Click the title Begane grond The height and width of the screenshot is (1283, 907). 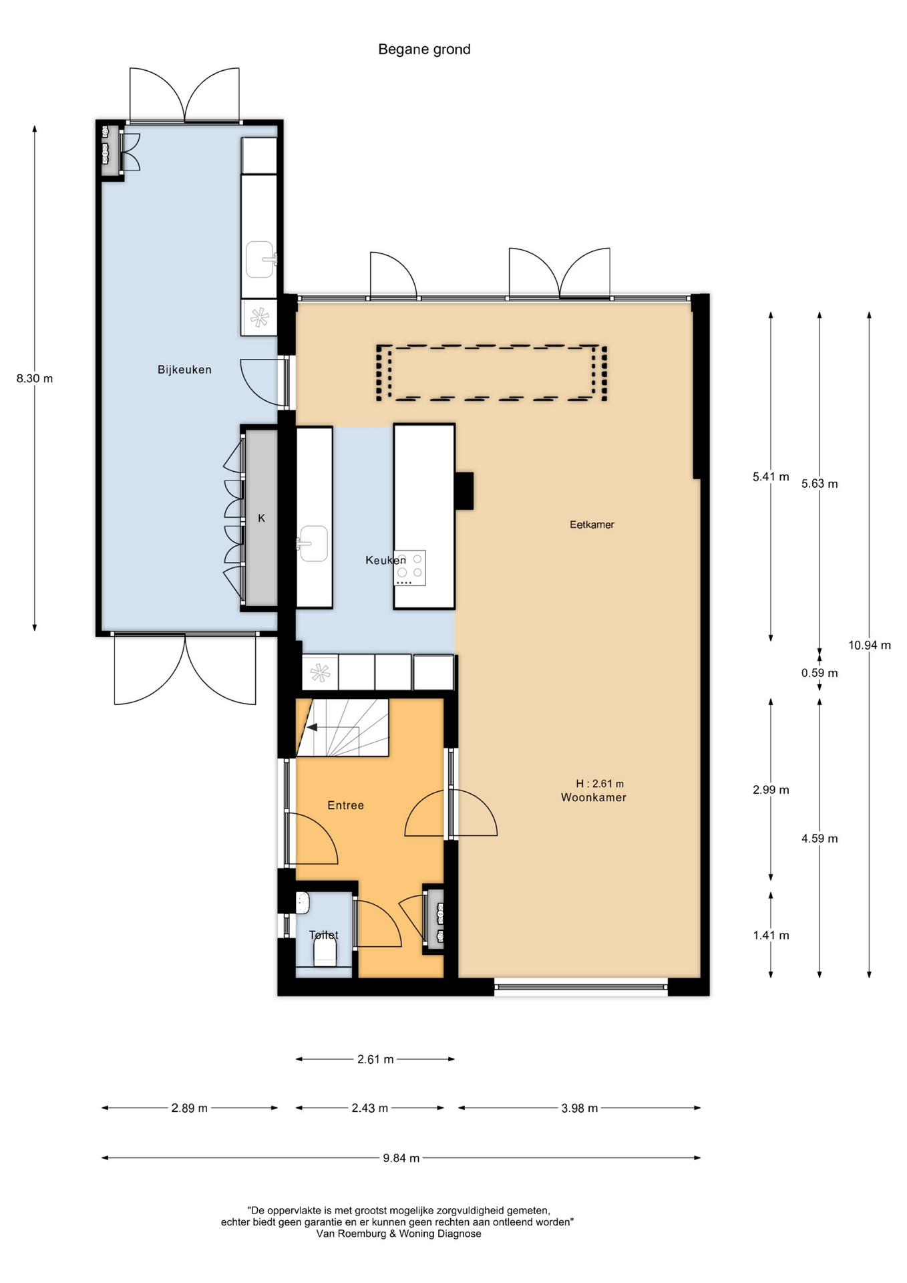[424, 49]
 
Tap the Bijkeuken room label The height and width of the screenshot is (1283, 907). [184, 370]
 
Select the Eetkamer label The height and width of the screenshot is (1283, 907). [592, 525]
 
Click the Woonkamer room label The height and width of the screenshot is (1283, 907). [594, 797]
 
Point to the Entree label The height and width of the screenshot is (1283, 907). [345, 805]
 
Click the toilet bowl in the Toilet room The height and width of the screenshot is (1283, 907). [325, 952]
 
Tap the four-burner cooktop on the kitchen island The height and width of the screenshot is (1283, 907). [409, 568]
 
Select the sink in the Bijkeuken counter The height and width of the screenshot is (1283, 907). [260, 259]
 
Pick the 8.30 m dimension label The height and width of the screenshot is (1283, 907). [35, 378]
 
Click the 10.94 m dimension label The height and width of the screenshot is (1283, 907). [870, 645]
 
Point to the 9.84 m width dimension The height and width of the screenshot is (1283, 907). [401, 1158]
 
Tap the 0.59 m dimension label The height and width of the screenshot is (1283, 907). [820, 673]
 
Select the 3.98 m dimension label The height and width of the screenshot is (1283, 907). [580, 1108]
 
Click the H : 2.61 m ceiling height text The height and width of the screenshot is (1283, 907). [600, 783]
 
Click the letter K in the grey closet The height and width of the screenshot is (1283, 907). [262, 518]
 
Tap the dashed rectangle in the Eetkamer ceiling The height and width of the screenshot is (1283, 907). [492, 346]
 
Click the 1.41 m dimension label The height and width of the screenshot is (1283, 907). [771, 936]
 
